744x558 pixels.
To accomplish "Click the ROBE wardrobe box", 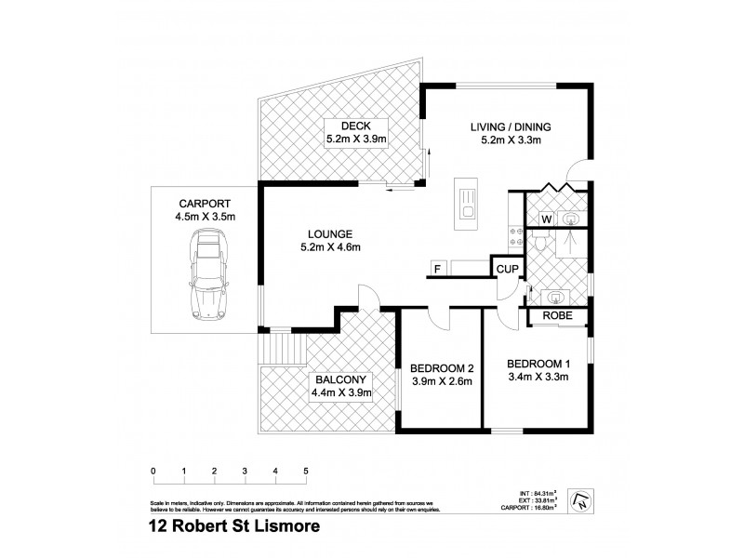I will (x=557, y=317).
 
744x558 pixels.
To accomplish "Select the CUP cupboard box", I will (x=506, y=269).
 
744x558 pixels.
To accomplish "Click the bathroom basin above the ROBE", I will (x=557, y=298).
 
